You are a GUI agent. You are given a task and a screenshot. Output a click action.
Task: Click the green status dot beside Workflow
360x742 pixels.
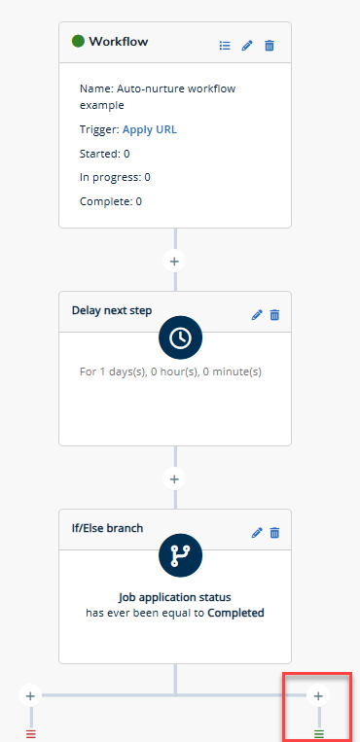[x=78, y=41]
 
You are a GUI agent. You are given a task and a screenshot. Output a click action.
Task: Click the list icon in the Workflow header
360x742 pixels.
[x=225, y=46]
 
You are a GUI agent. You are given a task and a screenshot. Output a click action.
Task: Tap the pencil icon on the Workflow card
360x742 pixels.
[x=247, y=46]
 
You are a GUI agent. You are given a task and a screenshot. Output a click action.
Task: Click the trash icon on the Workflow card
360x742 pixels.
[x=270, y=46]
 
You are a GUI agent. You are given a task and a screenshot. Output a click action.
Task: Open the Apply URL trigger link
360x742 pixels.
[x=150, y=129]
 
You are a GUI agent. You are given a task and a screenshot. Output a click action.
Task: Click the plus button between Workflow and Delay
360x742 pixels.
[x=175, y=262]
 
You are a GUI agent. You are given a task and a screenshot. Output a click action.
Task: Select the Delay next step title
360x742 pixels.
[x=112, y=310]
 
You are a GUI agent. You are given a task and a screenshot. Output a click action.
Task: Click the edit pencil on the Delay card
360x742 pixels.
[x=257, y=315]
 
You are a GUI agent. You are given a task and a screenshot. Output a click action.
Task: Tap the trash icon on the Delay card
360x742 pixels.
[x=274, y=315]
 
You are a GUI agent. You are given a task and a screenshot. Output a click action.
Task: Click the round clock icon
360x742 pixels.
[x=180, y=337]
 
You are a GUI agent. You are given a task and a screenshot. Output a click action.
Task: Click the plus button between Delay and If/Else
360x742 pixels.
[x=175, y=478]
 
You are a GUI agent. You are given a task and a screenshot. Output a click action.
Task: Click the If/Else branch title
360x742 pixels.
[x=108, y=528]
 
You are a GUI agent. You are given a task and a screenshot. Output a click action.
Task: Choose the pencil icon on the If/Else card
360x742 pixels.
[x=257, y=533]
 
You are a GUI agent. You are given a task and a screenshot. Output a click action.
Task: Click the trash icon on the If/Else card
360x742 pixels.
[x=274, y=533]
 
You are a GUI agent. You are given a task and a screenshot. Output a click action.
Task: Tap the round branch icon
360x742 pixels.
[x=180, y=555]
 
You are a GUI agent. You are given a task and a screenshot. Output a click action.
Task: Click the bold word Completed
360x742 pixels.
[x=235, y=613]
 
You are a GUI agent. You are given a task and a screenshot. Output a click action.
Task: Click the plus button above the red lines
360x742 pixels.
[x=31, y=695]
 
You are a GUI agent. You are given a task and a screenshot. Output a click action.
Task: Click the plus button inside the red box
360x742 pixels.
[x=319, y=695]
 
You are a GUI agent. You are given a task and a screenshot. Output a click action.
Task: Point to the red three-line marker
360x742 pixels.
[x=31, y=734]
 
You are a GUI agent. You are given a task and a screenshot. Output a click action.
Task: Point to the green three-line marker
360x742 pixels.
[x=319, y=734]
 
